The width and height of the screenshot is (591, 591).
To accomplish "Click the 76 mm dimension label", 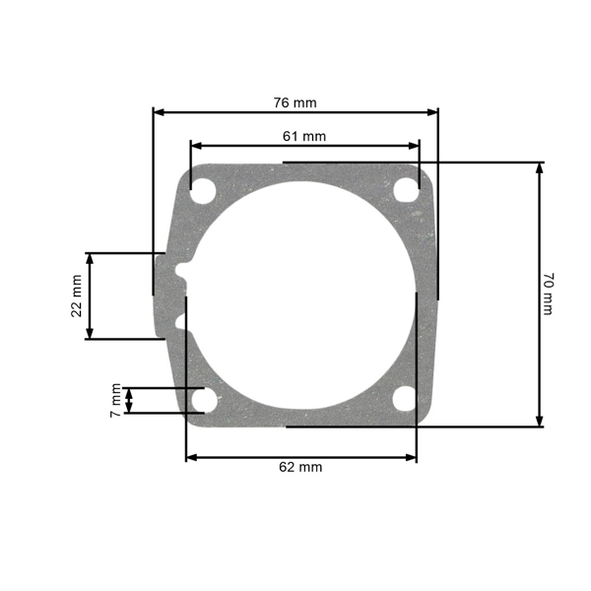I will tap(295, 102).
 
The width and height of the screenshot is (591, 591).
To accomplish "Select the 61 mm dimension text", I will tap(303, 136).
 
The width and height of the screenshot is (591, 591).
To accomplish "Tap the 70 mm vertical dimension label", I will tap(548, 295).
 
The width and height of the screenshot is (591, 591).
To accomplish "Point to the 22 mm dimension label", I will tap(77, 295).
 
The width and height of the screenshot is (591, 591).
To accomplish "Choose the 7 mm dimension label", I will tap(115, 400).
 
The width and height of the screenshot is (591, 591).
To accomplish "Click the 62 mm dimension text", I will tap(300, 467).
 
